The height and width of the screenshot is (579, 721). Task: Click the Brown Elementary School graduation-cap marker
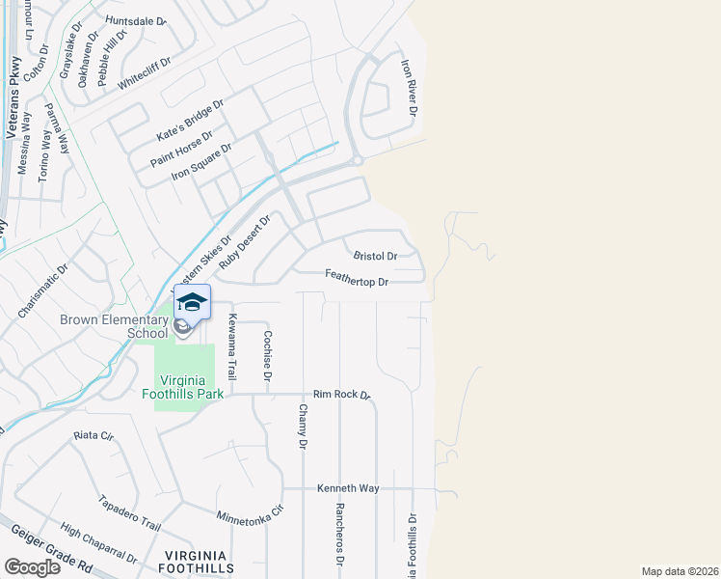click(192, 303)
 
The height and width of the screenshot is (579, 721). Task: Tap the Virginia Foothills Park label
click(191, 386)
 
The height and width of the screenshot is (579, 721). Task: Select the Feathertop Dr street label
click(357, 282)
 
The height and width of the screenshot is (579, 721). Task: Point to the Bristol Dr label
click(376, 257)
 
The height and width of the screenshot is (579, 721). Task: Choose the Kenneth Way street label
click(348, 488)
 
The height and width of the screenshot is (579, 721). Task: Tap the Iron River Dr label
click(409, 88)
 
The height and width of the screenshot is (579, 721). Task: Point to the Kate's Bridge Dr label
click(190, 120)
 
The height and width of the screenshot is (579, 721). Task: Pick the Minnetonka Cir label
click(251, 512)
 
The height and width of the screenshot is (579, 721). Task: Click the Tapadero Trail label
click(129, 512)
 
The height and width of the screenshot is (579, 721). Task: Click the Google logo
click(32, 566)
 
